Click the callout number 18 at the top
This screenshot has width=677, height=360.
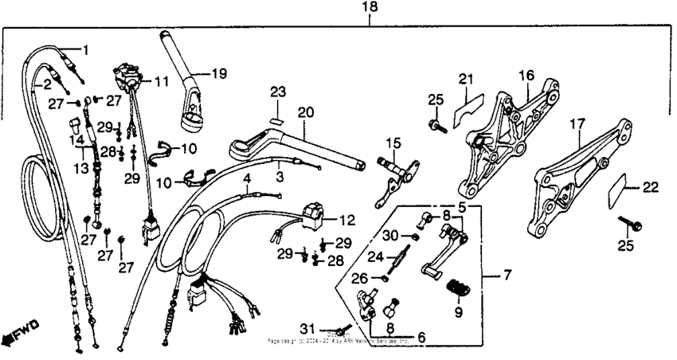click(370, 7)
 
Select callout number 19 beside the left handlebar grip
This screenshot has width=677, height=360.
click(212, 75)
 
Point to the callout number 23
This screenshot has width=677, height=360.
click(276, 92)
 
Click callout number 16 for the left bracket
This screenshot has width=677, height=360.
click(526, 75)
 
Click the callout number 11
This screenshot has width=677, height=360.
click(162, 81)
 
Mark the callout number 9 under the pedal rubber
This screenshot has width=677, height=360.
click(457, 313)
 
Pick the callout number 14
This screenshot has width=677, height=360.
click(77, 139)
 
